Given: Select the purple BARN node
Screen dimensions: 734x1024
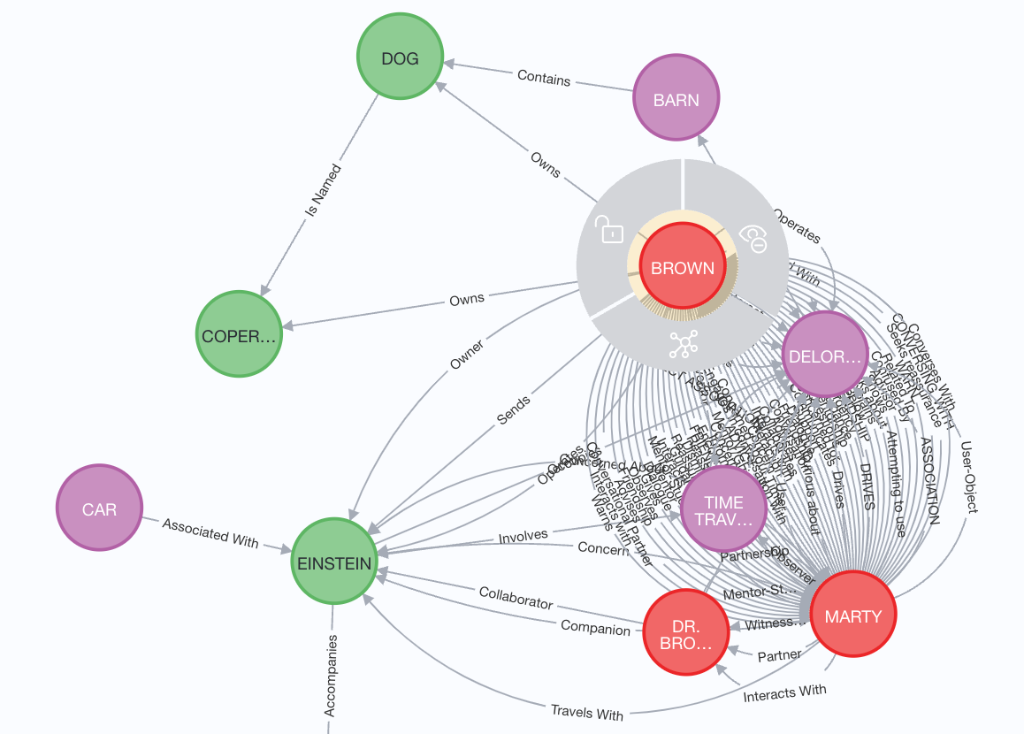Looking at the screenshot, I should point(676,100).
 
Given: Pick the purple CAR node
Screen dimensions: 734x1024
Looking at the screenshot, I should point(99,509).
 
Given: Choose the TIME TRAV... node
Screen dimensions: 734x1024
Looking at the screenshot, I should point(723,508).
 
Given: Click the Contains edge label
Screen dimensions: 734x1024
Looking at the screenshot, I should point(544,78).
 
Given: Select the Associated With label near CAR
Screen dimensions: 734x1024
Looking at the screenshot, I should point(210,532).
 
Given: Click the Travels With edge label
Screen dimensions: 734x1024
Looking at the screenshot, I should point(587,713).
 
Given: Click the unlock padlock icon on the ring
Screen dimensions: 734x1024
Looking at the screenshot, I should point(609,229).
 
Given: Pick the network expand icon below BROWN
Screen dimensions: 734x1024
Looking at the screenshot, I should point(683,344).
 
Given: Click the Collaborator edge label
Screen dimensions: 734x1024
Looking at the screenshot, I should point(516,597).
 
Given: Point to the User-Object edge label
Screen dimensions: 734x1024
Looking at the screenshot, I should point(968,478).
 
